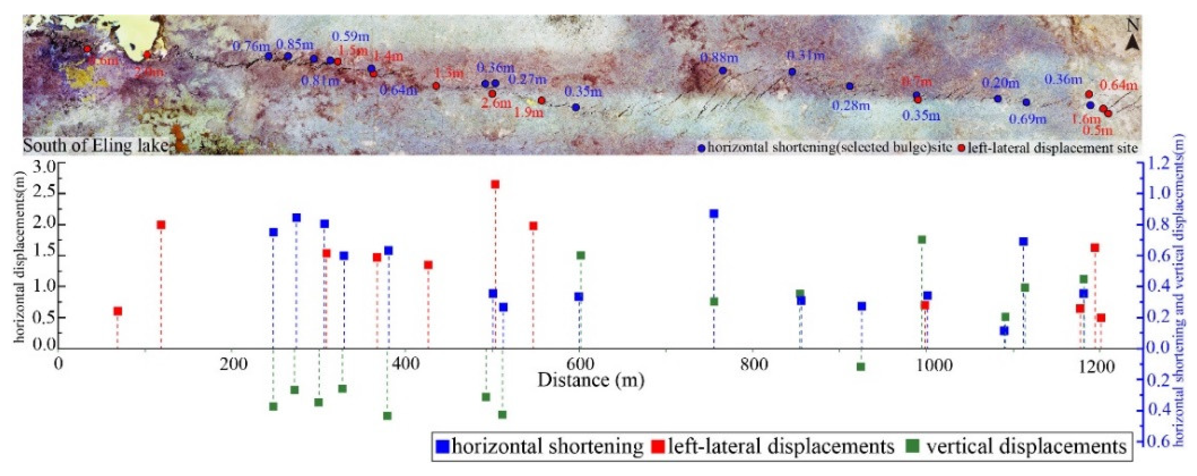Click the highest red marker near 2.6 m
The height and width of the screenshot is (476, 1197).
coord(495,184)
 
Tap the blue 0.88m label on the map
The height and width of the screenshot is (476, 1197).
coord(718,58)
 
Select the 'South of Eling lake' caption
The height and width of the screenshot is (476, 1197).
coord(95,146)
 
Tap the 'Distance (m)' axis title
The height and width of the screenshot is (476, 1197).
coord(591,380)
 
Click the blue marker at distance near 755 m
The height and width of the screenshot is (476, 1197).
coord(714,214)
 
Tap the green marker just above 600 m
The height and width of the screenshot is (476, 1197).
coord(580,255)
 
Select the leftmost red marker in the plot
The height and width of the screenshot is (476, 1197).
coord(117,311)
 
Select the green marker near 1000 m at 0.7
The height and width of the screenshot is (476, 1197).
coord(922,239)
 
